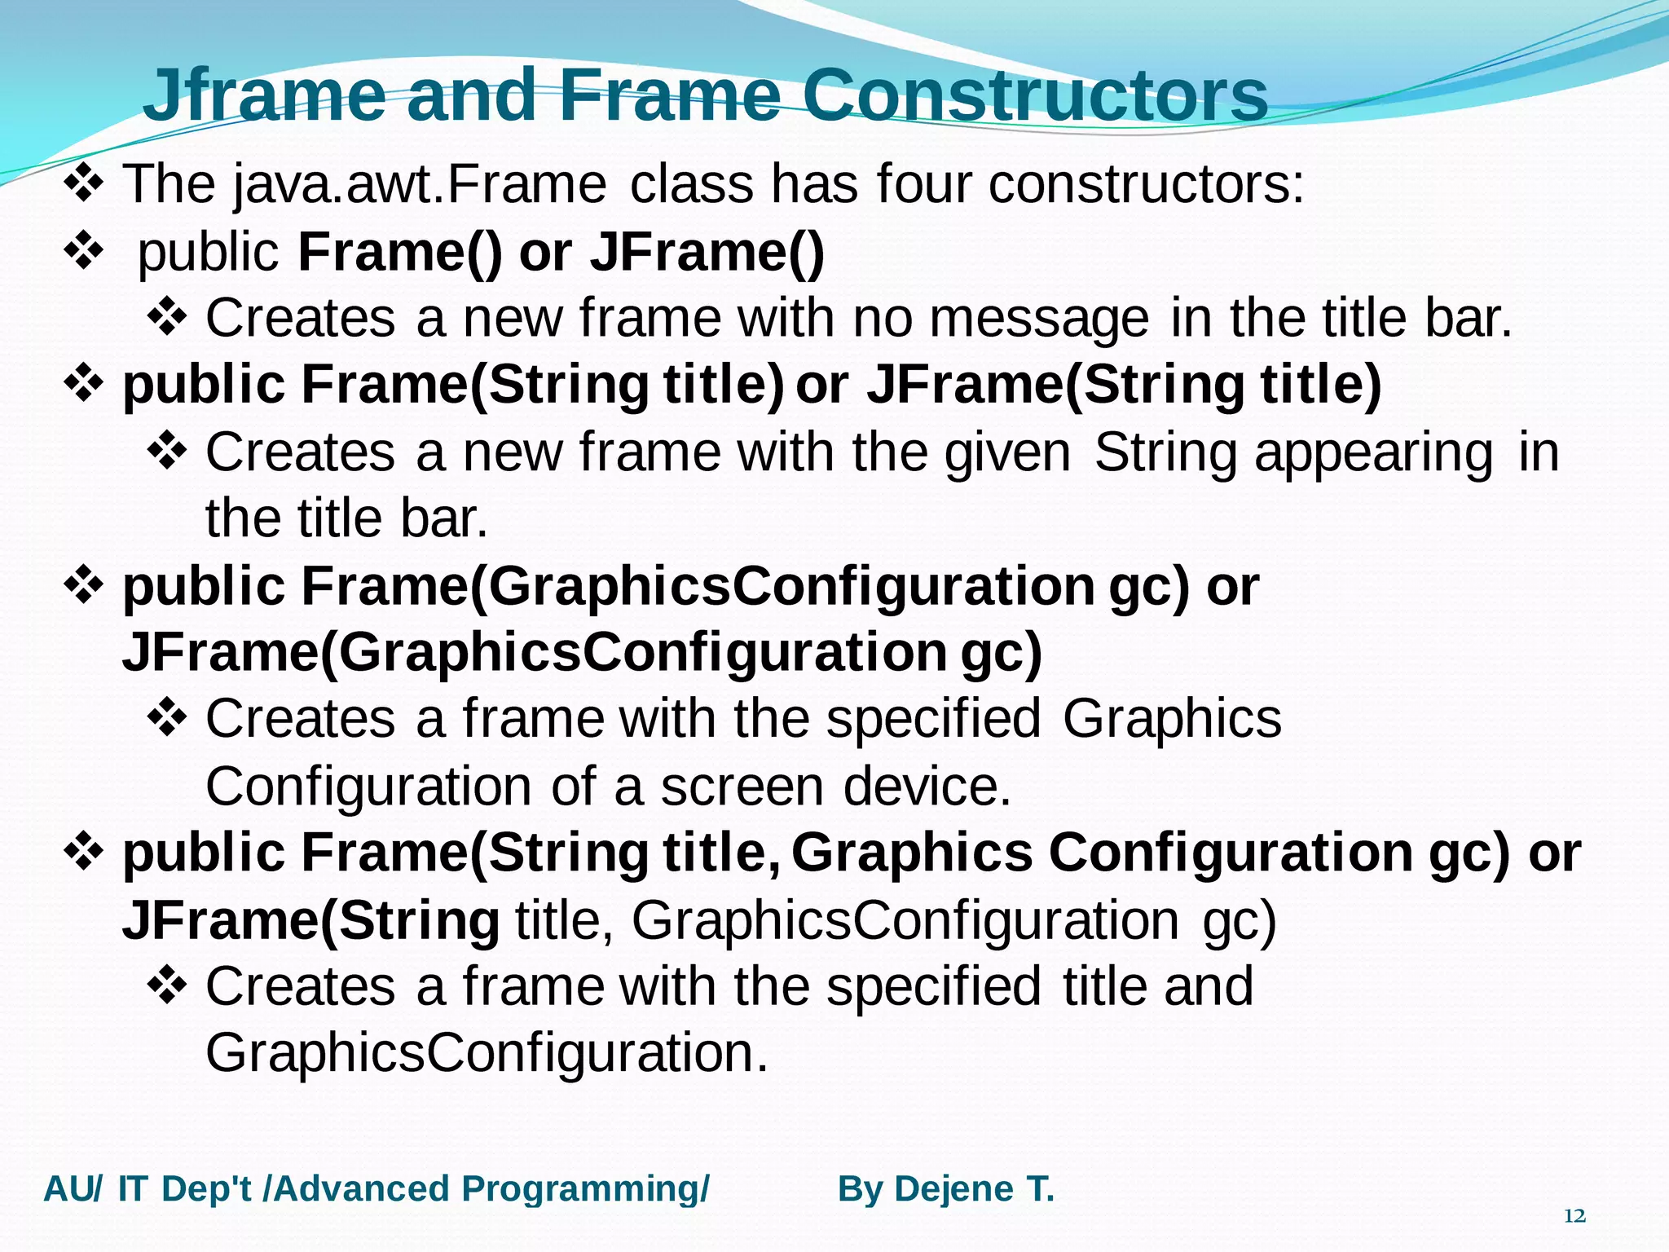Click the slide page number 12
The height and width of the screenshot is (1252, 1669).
tap(1574, 1216)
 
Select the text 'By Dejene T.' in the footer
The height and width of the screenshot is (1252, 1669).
tap(946, 1189)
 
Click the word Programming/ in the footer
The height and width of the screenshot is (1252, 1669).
tap(585, 1189)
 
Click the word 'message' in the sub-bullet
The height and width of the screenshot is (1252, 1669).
tap(1039, 318)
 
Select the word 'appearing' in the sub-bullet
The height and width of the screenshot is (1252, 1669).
tap(1374, 452)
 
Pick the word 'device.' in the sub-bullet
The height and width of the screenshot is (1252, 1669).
tap(927, 787)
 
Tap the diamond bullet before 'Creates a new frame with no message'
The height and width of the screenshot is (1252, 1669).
tap(168, 317)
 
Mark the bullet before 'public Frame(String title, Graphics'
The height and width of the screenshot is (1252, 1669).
tap(84, 852)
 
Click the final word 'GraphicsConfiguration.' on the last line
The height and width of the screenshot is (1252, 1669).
tap(487, 1053)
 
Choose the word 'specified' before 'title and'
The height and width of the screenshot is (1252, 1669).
tap(933, 986)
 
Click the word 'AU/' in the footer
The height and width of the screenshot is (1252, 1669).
tap(73, 1189)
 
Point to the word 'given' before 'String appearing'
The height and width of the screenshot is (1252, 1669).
tap(1007, 452)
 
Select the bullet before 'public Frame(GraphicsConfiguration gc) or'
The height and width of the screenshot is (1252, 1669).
tap(84, 585)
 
